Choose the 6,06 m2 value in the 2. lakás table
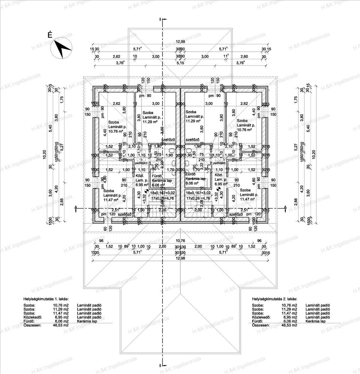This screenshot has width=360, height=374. point(290,321)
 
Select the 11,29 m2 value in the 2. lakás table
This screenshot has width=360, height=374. point(290,309)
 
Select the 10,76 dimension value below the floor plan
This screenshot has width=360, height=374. point(181,240)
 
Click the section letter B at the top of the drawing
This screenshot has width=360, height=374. point(160,19)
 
